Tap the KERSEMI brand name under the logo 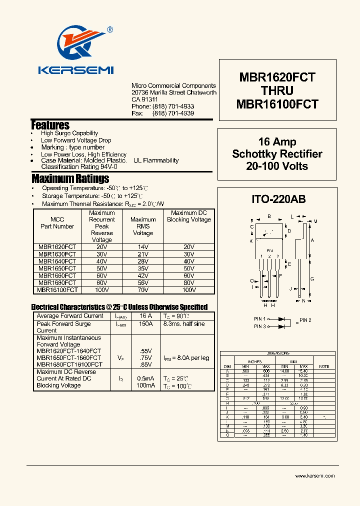[x=76, y=70]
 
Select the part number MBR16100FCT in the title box [x=277, y=104]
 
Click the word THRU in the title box [x=277, y=91]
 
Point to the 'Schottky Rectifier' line [x=277, y=154]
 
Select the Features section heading [x=50, y=125]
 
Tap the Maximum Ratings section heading [x=70, y=178]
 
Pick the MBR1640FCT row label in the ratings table [x=57, y=261]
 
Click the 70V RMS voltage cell [x=143, y=289]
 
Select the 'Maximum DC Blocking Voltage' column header [x=189, y=216]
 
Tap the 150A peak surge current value [x=145, y=324]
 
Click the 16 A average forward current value [x=145, y=316]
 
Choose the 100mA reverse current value [x=145, y=386]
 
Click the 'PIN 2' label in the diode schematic [x=305, y=320]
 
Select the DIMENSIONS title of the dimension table [x=278, y=353]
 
